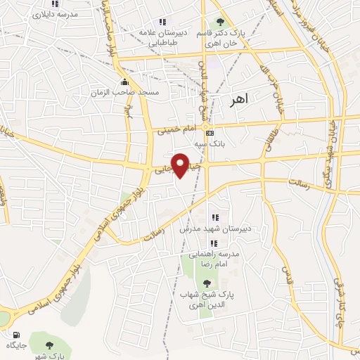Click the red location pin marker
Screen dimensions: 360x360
tap(181, 165)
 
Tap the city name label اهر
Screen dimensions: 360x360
tap(239, 101)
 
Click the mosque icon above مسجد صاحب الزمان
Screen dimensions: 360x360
tap(125, 81)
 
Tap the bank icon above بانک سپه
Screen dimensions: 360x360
tap(209, 132)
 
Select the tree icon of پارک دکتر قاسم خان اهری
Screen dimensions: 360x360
tap(219, 22)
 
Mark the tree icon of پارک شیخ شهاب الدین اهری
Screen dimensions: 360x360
tap(206, 283)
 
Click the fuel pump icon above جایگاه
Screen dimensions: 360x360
tap(15, 335)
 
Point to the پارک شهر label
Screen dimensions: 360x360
tap(50, 356)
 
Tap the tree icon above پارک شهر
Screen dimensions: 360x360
tap(50, 345)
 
